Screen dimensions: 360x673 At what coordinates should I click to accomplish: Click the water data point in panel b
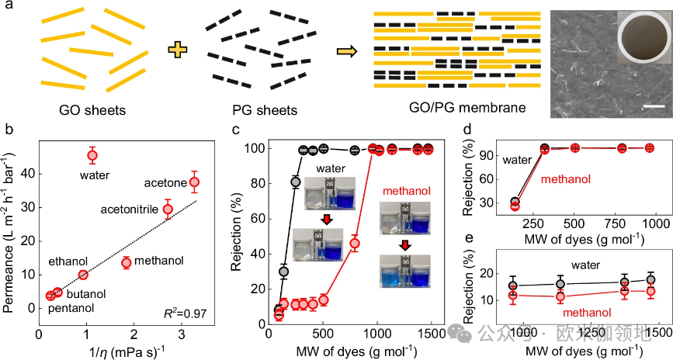(x=92, y=155)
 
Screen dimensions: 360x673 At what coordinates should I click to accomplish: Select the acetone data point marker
(x=194, y=182)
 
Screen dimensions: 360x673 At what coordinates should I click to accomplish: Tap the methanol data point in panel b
(x=126, y=263)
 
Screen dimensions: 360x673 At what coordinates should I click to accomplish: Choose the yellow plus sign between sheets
(x=179, y=50)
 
